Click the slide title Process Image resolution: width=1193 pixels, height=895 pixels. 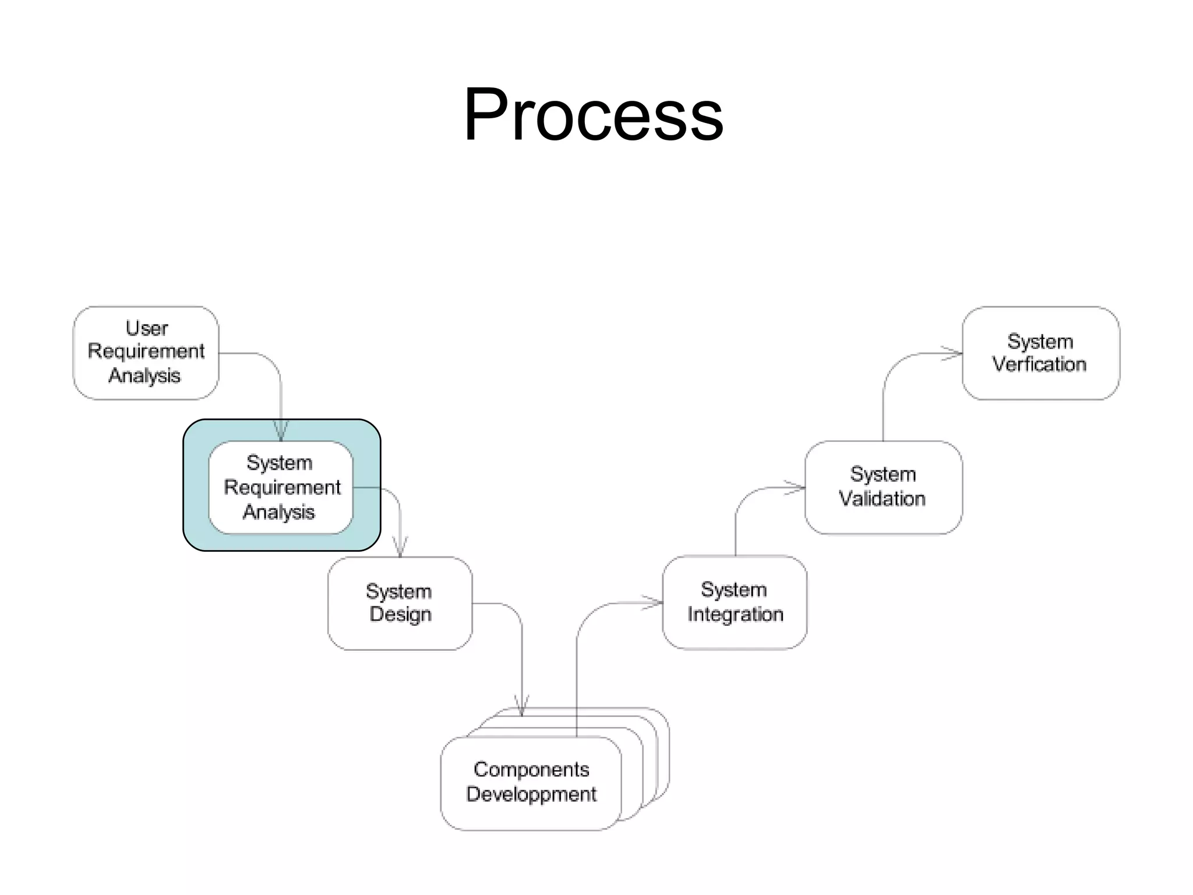(x=593, y=114)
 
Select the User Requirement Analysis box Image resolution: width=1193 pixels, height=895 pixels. (x=146, y=353)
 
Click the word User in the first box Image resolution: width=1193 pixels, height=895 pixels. (x=147, y=329)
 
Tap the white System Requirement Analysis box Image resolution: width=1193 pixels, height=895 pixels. (x=281, y=487)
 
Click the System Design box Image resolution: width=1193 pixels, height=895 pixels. (x=400, y=603)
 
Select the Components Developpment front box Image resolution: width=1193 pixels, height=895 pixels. (x=531, y=783)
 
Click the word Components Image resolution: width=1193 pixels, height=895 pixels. (x=531, y=770)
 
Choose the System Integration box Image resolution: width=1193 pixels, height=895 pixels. (x=735, y=602)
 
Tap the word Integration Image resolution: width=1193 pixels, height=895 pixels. (x=735, y=615)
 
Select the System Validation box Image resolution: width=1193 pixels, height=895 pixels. (x=883, y=487)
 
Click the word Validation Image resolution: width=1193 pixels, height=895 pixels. (x=882, y=499)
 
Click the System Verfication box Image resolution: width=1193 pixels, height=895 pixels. (x=1040, y=353)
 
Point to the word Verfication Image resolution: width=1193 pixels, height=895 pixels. (x=1039, y=365)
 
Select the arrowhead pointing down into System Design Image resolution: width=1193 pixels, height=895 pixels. (x=400, y=548)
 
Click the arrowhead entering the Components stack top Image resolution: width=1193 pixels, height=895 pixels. (x=522, y=707)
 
